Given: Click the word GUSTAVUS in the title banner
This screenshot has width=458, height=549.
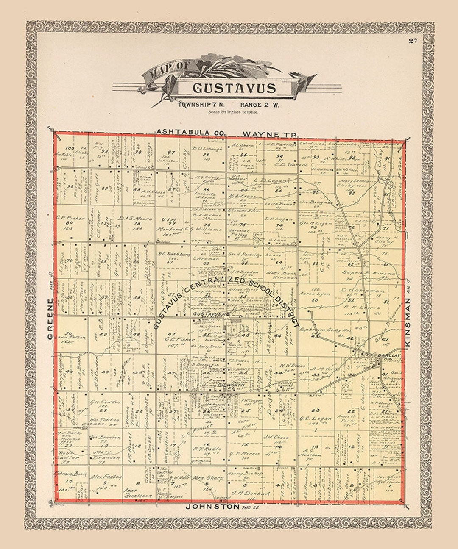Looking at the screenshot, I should [x=234, y=88].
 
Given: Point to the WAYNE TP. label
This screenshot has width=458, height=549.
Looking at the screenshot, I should [x=269, y=134].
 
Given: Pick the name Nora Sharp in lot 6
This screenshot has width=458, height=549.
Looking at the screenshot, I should [x=208, y=478].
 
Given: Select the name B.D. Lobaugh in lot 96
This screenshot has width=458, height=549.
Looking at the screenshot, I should [x=207, y=148].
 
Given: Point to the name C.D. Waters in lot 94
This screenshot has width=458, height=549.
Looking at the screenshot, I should [x=285, y=164].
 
